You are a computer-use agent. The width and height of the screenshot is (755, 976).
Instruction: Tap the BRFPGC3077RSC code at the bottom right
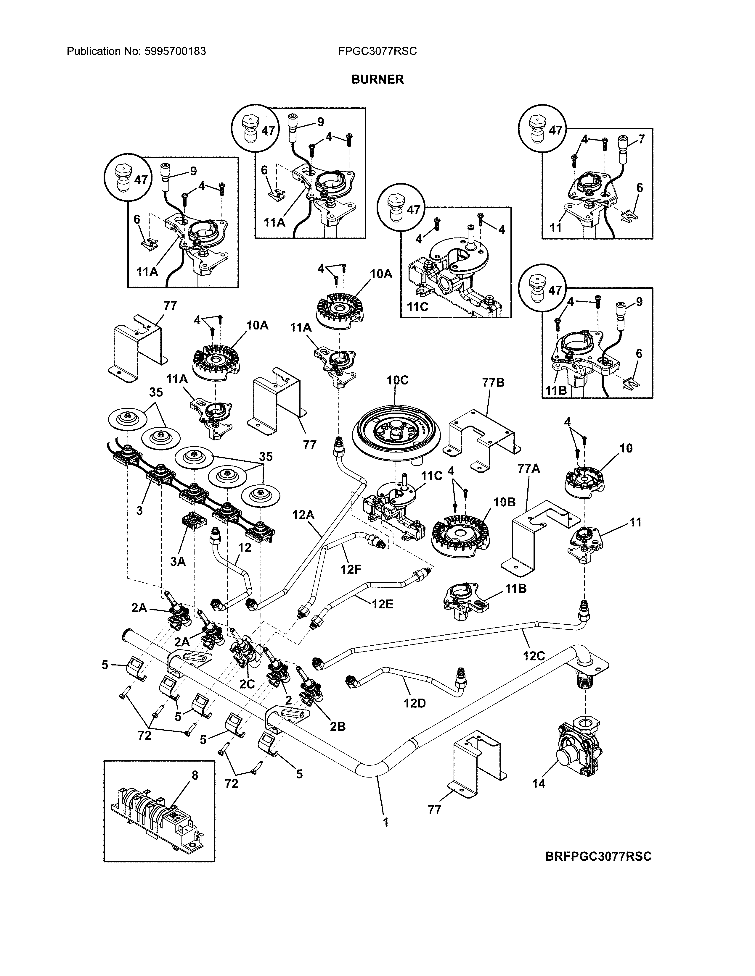coord(598,856)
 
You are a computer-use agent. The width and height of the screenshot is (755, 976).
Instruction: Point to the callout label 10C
coord(397,380)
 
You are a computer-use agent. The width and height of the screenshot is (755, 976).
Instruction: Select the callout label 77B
coord(493,383)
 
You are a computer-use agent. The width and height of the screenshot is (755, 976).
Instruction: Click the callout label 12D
coord(414,703)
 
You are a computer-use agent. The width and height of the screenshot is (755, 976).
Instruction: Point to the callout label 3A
coord(178,561)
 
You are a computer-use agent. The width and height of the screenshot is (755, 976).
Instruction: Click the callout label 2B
coord(338,727)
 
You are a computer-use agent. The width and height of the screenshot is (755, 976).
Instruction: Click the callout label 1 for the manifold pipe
coord(385,822)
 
